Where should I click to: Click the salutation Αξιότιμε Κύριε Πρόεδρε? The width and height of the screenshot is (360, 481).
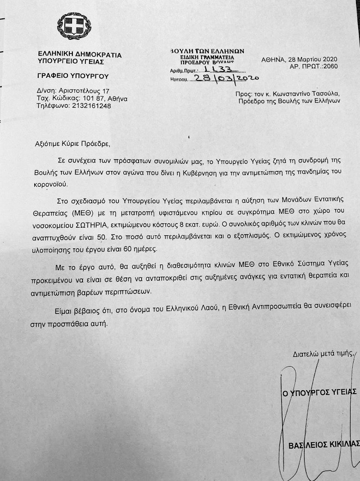(72, 144)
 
